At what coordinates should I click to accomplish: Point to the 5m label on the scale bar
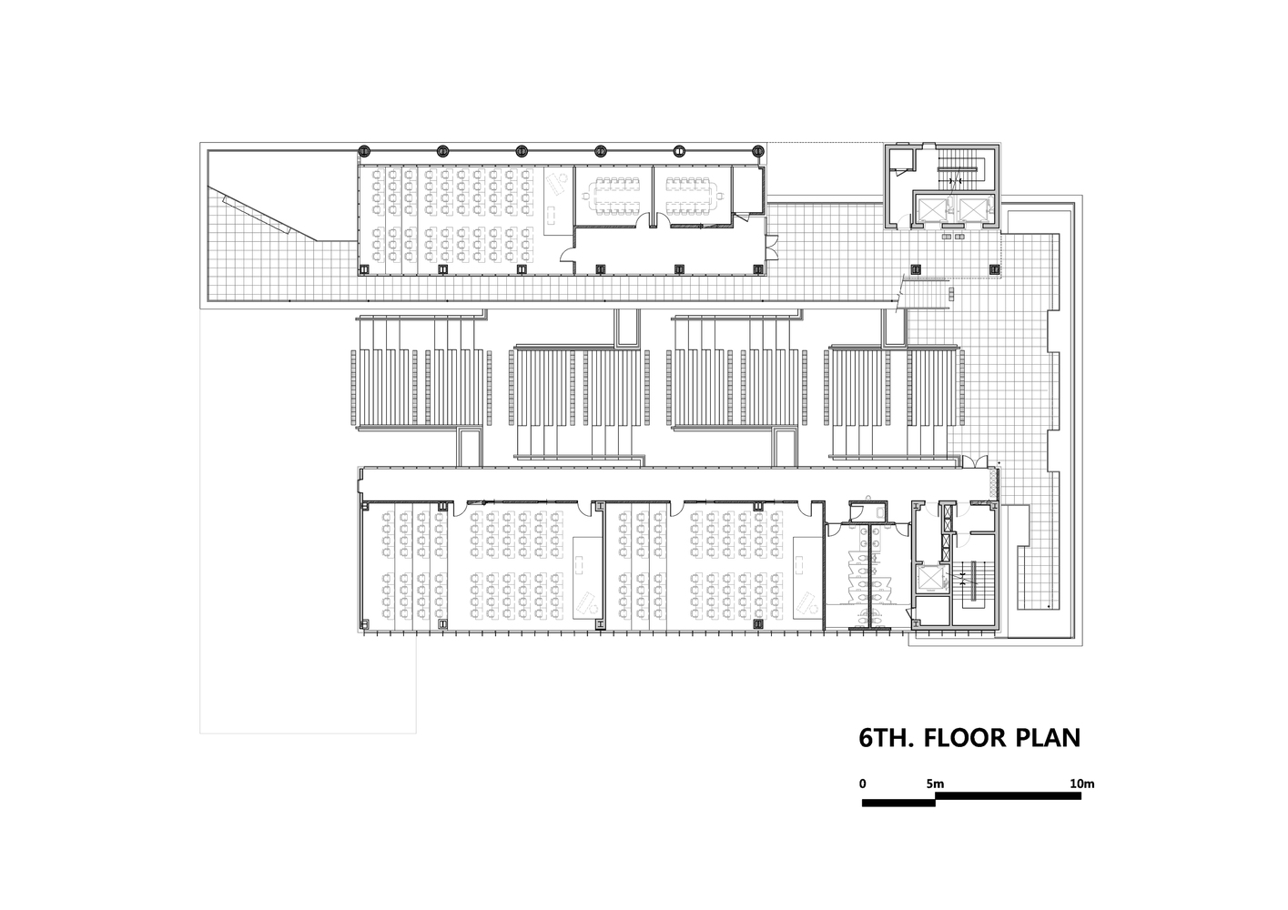pos(935,784)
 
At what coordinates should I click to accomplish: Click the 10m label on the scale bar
pos(1082,784)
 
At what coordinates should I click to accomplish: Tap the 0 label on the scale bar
pos(863,784)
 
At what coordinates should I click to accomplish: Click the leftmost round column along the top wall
pos(363,151)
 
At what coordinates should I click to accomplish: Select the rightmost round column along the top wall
pos(758,151)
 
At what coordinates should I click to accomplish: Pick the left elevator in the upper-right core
pos(932,208)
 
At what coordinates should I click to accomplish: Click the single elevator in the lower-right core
pos(932,579)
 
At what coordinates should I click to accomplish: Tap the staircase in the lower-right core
pos(974,581)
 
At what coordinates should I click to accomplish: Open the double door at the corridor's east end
pos(975,461)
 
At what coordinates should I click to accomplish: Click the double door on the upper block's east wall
pos(772,248)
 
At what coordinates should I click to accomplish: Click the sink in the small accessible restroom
pos(881,511)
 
